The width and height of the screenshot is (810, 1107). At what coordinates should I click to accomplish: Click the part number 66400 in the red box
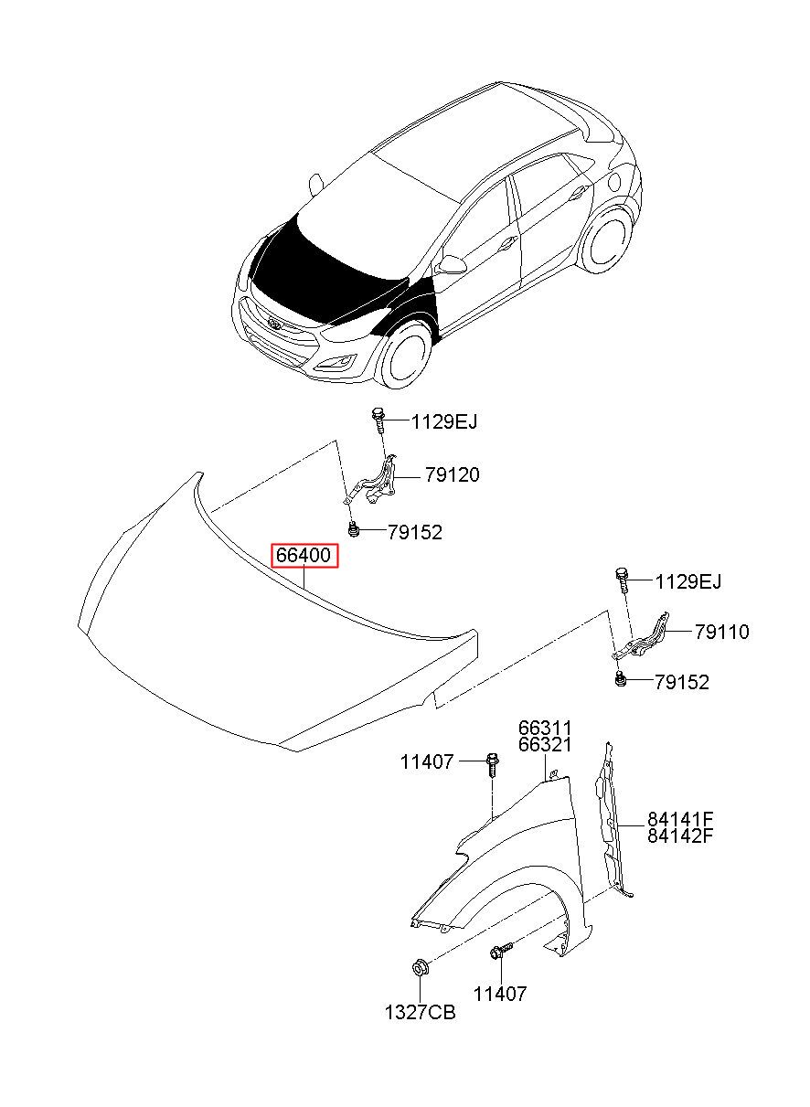pos(304,556)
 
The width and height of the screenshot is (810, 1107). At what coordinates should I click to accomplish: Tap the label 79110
pos(721,632)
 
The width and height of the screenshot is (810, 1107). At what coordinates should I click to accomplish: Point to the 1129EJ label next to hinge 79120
pos(443,421)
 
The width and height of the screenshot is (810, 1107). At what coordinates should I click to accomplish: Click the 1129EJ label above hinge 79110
pos(688,581)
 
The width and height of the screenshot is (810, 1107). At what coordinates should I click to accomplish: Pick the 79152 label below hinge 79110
pos(681,682)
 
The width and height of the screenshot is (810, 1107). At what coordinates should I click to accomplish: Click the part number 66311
pos(545,729)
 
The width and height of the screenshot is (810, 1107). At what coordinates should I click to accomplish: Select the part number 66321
pos(545,745)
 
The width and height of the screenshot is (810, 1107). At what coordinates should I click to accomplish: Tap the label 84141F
pos(680,819)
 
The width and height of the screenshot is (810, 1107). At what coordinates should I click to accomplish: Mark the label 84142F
pos(680,836)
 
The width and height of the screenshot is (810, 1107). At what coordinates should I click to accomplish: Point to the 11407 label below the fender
pos(500,994)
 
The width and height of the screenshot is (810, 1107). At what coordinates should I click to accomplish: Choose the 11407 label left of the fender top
pos(426,761)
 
